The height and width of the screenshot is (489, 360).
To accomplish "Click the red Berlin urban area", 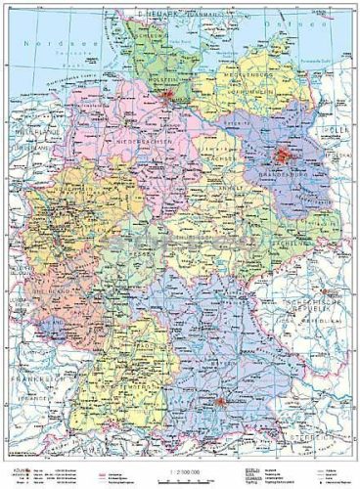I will point(285,155).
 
